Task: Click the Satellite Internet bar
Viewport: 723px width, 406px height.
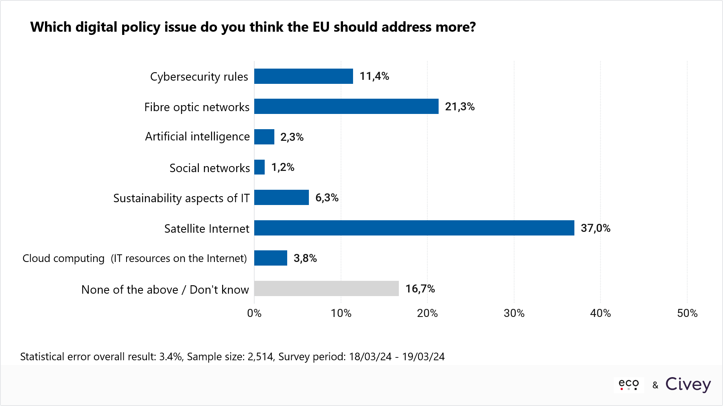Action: point(414,228)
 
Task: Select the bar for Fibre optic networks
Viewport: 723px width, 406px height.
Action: point(346,106)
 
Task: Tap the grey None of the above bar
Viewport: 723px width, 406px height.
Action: point(327,288)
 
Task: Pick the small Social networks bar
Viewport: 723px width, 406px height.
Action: point(259,167)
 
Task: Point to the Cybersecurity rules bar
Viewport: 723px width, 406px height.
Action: point(304,76)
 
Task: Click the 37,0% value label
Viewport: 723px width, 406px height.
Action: point(595,228)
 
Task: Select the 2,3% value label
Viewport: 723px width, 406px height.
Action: point(292,137)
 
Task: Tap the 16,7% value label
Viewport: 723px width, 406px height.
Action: point(420,289)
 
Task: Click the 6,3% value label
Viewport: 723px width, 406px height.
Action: point(327,198)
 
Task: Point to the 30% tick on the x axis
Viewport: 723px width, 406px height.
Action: point(514,313)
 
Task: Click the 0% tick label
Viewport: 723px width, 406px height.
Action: point(254,313)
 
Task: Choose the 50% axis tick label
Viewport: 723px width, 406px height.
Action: point(687,313)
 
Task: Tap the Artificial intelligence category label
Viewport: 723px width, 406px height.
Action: point(197,137)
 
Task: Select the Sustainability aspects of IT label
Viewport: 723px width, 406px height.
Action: point(181,198)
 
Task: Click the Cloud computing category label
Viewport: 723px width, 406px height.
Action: point(135,258)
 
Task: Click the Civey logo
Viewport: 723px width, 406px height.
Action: point(688,384)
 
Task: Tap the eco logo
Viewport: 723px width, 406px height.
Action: point(629,384)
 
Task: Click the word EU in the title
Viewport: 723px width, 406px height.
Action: point(321,27)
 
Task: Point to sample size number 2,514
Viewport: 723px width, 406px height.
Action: point(260,357)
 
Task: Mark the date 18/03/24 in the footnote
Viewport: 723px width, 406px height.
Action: point(370,357)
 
